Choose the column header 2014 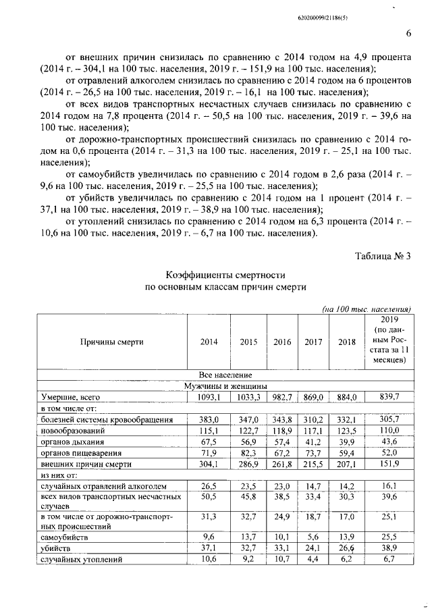pyautogui.click(x=209, y=342)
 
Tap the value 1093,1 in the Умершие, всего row pyautogui.click(x=209, y=397)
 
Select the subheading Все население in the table pyautogui.click(x=226, y=374)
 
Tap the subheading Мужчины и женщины pyautogui.click(x=226, y=386)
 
